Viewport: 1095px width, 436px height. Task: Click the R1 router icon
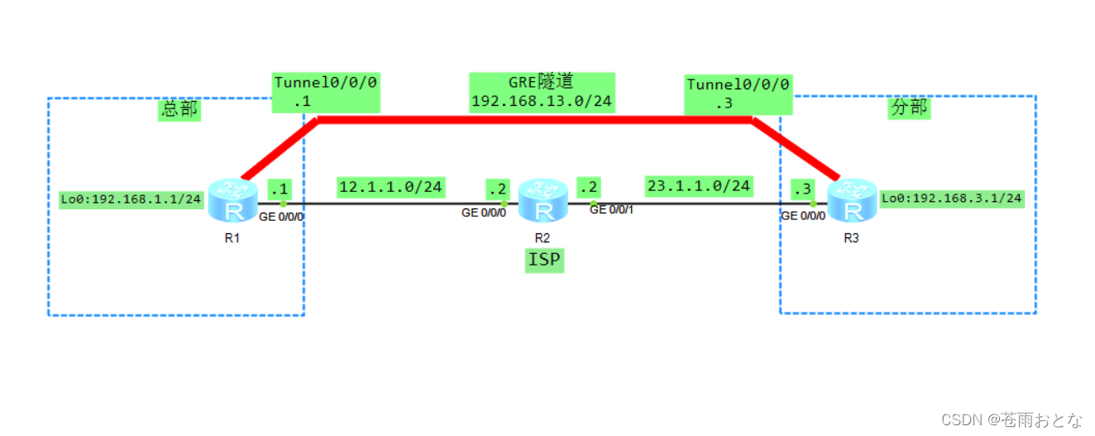tap(232, 201)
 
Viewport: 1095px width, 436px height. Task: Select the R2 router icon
tap(543, 201)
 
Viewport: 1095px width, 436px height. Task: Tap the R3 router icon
tap(852, 201)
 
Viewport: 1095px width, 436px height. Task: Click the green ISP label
tap(543, 261)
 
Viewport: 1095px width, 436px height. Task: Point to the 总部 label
tap(179, 109)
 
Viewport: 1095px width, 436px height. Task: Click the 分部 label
tap(909, 108)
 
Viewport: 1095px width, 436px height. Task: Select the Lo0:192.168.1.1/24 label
tap(131, 199)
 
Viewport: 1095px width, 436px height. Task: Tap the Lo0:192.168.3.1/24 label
tap(952, 198)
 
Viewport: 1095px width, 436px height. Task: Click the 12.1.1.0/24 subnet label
tap(391, 187)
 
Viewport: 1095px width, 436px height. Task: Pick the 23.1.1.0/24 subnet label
tap(699, 186)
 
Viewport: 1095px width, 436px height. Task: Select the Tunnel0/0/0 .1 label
tap(326, 93)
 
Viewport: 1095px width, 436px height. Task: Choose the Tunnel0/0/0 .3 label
tap(738, 94)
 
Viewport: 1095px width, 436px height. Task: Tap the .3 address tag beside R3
tap(801, 189)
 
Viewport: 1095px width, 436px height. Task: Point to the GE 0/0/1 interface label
tap(613, 210)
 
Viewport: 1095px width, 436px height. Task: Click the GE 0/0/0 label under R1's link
tap(282, 218)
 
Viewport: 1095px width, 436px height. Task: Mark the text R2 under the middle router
tap(543, 238)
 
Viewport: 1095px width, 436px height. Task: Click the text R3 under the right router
tap(851, 238)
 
